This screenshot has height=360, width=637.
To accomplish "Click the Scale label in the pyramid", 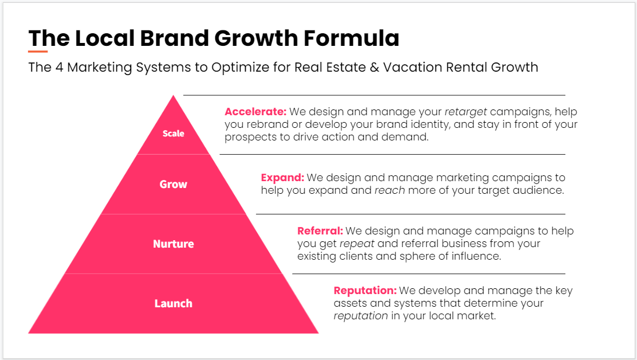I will pyautogui.click(x=173, y=134).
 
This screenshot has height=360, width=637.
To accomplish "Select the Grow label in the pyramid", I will pyautogui.click(x=173, y=184).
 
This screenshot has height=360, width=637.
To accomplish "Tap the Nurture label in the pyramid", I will pyautogui.click(x=173, y=244).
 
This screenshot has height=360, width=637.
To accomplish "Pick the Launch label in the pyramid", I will pyautogui.click(x=173, y=303).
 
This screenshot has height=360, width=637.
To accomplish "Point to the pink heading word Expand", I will pyautogui.click(x=282, y=178).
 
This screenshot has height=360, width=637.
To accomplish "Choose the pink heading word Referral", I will pyautogui.click(x=320, y=231).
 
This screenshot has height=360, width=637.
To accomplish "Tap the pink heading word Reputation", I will pyautogui.click(x=365, y=291).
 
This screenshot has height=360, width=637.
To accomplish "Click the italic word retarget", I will pyautogui.click(x=466, y=112).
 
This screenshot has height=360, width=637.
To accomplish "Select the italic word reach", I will pyautogui.click(x=390, y=190).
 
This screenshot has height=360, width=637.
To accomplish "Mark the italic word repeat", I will pyautogui.click(x=356, y=244).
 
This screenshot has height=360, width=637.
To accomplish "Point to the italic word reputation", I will pyautogui.click(x=361, y=316).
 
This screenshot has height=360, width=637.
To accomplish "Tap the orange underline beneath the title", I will pyautogui.click(x=38, y=52).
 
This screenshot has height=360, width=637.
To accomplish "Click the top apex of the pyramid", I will pyautogui.click(x=173, y=97).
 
